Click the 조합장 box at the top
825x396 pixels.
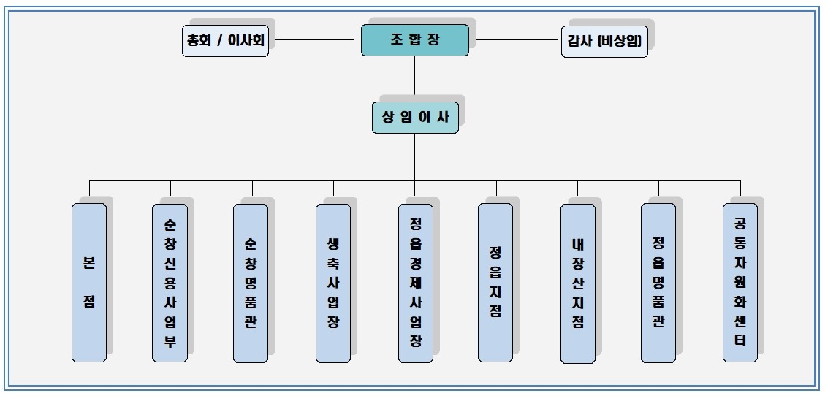click(414, 39)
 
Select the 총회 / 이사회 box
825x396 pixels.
click(225, 41)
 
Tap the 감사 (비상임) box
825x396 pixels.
click(604, 42)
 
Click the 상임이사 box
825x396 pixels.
click(415, 117)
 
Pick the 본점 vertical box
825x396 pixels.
click(89, 282)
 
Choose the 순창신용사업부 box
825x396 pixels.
click(170, 282)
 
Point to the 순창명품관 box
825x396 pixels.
click(251, 282)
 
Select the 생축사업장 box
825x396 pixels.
click(333, 282)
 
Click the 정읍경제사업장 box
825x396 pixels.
click(415, 282)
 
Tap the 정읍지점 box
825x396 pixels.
click(495, 282)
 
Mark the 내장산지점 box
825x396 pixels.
click(577, 282)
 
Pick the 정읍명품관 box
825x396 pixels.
click(658, 282)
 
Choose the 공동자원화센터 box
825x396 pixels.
click(740, 282)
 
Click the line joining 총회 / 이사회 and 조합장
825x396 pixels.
click(314, 39)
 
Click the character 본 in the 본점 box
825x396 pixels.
click(89, 262)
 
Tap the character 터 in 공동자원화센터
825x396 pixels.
click(740, 340)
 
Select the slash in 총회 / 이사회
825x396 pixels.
click(220, 41)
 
